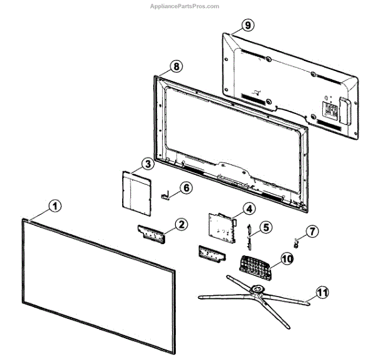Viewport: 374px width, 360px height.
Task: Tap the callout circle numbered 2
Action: tap(180, 224)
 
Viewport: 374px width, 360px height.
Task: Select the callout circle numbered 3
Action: tap(147, 164)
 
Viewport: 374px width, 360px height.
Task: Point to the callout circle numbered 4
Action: tap(248, 209)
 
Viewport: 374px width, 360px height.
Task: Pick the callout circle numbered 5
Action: tap(266, 227)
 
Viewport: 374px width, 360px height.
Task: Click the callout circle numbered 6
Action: tap(186, 187)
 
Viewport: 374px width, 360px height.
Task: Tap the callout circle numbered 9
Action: tap(247, 26)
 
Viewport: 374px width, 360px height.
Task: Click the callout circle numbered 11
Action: tap(322, 290)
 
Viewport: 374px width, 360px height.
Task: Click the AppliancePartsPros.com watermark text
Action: tap(185, 6)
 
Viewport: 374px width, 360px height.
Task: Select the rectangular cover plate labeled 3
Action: tap(136, 191)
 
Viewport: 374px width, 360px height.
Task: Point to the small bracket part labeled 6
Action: tap(166, 196)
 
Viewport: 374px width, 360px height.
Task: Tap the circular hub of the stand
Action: tap(256, 288)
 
